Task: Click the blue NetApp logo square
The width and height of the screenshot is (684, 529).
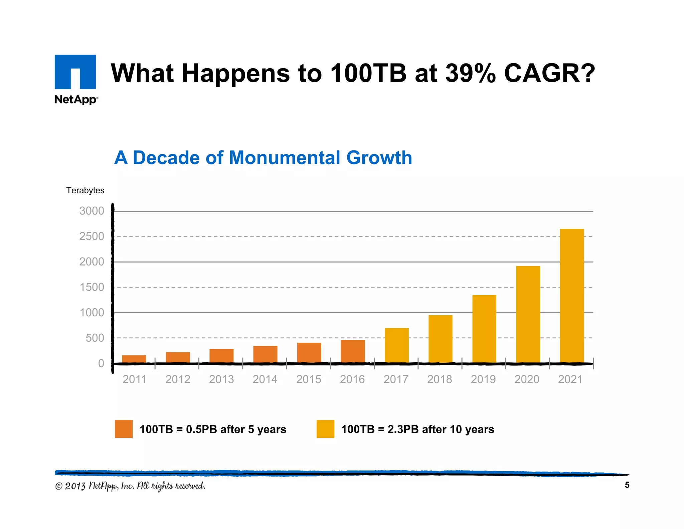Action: pos(75,72)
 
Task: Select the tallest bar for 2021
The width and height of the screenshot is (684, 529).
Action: pos(571,296)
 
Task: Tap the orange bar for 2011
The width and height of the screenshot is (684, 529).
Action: pos(134,359)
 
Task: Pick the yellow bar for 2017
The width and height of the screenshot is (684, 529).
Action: pos(396,345)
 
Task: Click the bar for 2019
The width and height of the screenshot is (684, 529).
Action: pos(484,329)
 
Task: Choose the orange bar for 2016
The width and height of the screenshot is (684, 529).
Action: pos(353,351)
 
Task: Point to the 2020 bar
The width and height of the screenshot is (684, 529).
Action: pos(528,314)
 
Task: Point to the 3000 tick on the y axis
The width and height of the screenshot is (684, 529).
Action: pos(92,211)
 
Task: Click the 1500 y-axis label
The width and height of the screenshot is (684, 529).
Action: pos(92,287)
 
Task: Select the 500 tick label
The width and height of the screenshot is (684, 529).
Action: pos(95,338)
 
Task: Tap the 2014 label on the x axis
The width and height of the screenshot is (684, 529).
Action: pos(265,379)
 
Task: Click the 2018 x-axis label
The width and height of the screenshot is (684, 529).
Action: pos(440,379)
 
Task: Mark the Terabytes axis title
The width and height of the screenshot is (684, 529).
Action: pos(85,190)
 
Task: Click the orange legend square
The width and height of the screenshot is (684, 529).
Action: pos(124,429)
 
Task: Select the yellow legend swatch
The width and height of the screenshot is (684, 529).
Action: pos(325,429)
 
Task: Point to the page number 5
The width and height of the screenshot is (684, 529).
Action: pos(627,485)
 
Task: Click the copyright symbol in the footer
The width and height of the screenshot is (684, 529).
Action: pos(59,486)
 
